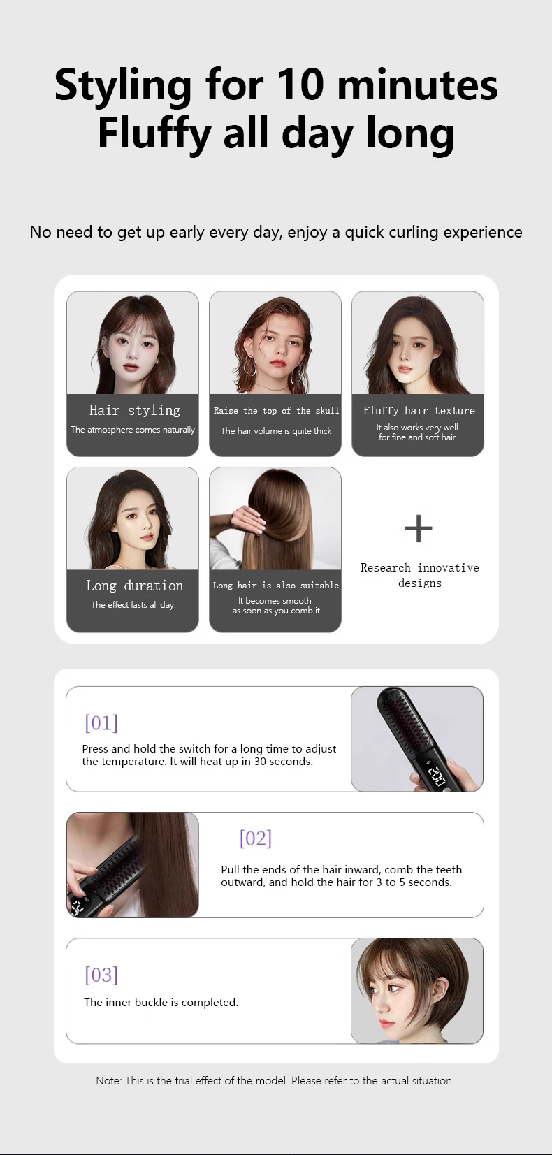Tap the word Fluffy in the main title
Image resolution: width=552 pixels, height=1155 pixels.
point(154,133)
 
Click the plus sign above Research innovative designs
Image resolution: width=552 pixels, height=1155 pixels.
point(419,528)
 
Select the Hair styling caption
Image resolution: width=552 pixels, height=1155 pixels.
point(135,410)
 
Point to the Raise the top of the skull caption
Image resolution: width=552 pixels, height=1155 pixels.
point(276,411)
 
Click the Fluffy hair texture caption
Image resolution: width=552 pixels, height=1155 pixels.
point(419,411)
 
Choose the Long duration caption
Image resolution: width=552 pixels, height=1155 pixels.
point(135,586)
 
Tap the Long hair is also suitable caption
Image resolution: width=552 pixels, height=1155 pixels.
point(276,586)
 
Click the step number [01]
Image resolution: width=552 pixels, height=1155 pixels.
point(101,722)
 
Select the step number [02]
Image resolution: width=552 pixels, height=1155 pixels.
point(256,838)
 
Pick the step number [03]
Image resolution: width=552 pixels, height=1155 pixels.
point(101,974)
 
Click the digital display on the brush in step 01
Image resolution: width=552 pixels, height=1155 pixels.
point(436,776)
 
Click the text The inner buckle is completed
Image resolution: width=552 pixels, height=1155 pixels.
point(161,1002)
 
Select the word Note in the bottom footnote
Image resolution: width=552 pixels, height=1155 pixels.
point(108,1080)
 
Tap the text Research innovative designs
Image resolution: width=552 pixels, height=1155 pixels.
point(419,575)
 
